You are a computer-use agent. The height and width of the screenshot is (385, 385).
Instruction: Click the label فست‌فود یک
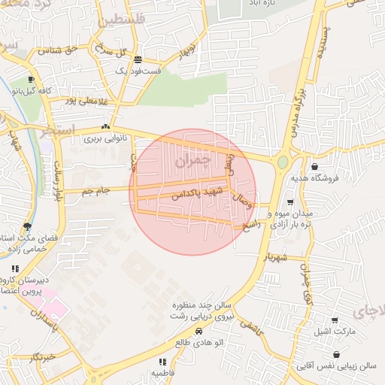click(x=138, y=71)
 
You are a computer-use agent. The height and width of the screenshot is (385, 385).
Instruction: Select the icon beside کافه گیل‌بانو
click(x=31, y=80)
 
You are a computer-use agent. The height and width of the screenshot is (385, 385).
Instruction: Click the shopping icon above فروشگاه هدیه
click(x=314, y=167)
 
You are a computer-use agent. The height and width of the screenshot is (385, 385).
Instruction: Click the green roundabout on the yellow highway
click(x=282, y=162)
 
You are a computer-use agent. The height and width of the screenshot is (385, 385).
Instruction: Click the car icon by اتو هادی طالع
click(x=199, y=331)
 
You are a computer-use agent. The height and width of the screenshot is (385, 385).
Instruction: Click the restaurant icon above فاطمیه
click(x=162, y=362)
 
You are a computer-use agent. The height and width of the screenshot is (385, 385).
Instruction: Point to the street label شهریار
click(x=274, y=256)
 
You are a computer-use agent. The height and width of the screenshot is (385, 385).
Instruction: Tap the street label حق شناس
click(x=59, y=50)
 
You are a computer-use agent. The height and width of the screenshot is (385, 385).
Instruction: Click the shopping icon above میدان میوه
click(x=291, y=202)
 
